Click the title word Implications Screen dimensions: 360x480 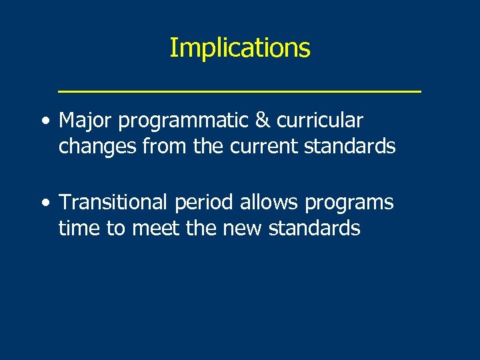[x=239, y=48]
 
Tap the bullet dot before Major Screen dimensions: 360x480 [x=44, y=121]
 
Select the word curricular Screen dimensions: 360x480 [x=325, y=121]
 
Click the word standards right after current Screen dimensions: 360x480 [x=350, y=146]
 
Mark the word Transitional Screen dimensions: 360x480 [x=113, y=202]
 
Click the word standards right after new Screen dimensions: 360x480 [x=315, y=228]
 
